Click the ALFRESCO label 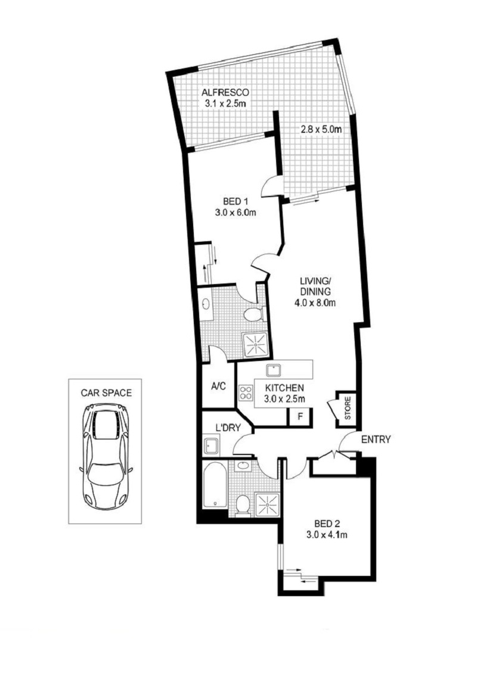pos(225,92)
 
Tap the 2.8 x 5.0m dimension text pos(321,129)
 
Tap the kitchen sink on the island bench pos(273,370)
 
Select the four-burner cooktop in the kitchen pos(246,392)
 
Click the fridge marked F pos(299,416)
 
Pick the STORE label pos(348,408)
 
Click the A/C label pos(218,387)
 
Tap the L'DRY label pos(227,428)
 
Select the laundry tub pos(211,445)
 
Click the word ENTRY pos(376,440)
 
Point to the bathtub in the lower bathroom pos(215,485)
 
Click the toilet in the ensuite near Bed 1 pos(253,314)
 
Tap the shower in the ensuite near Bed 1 pos(256,344)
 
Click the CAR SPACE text pos(106,392)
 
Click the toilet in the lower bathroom pos(243,505)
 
